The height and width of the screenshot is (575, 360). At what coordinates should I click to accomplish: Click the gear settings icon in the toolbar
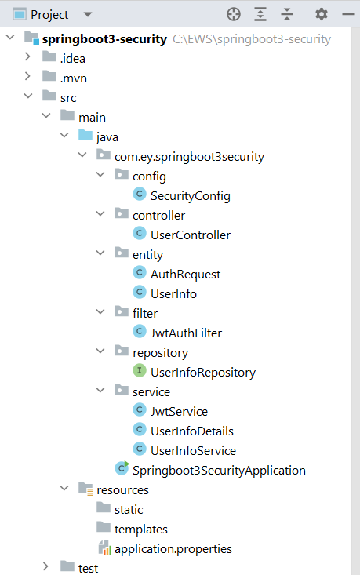coord(321,14)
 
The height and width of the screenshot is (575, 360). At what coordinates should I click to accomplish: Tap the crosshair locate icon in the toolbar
coord(234,14)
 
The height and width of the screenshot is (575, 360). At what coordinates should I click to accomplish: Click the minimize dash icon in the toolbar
coord(348,14)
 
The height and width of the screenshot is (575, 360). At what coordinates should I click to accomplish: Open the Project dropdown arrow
coord(88,15)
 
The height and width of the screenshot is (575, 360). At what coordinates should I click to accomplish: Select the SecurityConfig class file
coord(191,196)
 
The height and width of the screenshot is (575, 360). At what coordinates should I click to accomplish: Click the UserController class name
coord(191,235)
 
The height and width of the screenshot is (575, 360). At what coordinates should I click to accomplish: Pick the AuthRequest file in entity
coord(186,275)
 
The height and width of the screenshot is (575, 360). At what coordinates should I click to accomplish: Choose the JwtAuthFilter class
coord(186,333)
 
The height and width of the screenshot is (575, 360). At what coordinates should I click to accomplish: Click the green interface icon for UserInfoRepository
coord(140,370)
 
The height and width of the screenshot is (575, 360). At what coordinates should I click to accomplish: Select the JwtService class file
coord(180,412)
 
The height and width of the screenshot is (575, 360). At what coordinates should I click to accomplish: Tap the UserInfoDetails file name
coord(192,431)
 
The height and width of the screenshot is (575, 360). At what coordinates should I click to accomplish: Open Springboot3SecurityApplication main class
coord(219,471)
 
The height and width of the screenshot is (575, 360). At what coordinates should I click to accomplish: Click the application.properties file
coord(173,549)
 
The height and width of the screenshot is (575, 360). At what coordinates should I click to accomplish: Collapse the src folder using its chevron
coord(28,96)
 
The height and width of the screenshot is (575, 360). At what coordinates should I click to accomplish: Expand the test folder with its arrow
coord(45,566)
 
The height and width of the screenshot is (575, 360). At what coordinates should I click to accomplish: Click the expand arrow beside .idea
coord(27,56)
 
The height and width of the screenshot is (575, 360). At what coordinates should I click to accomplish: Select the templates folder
coord(140,530)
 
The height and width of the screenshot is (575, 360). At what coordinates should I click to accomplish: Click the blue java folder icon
coord(85,135)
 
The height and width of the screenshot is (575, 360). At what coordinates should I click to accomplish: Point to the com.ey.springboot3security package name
coord(189,157)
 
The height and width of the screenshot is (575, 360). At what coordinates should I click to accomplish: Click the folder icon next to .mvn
coord(49,76)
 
